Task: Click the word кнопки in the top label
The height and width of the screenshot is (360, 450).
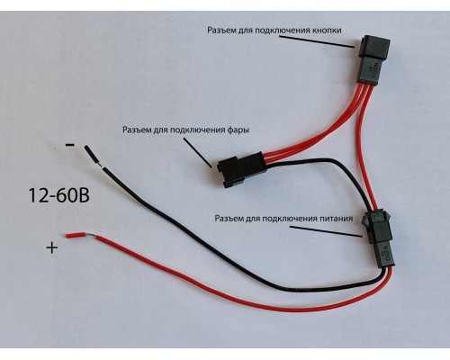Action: coord(327,31)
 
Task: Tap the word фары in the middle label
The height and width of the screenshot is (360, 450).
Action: coord(238,130)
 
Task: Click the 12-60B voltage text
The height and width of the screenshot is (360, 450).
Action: coord(59,195)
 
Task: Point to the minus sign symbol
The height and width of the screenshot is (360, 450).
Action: coord(70,145)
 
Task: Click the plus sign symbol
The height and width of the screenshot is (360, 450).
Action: coord(52,247)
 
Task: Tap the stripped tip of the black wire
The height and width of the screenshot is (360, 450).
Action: coord(92,155)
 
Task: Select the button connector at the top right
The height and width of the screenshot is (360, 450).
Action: coord(373,58)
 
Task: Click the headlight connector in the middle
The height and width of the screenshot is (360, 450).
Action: coord(241,169)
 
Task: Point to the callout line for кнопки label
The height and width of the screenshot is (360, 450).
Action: coord(317,41)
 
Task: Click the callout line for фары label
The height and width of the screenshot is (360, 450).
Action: coord(198,152)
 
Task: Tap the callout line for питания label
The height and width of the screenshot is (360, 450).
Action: coord(326,231)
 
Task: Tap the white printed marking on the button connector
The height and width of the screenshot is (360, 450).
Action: coord(373,71)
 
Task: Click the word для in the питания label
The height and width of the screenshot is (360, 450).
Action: coord(253,219)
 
